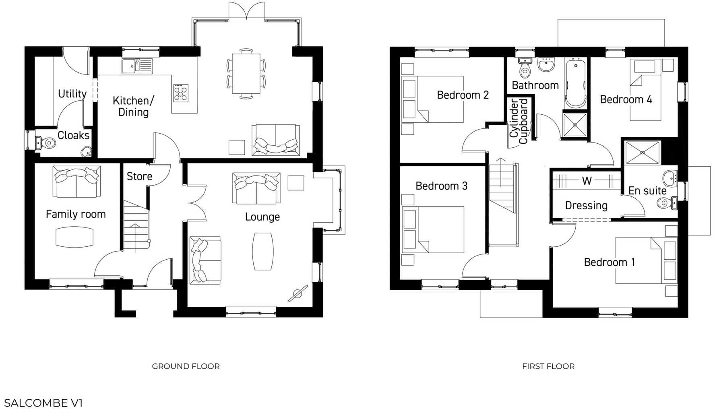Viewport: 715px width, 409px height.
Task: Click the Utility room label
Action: tap(72, 94)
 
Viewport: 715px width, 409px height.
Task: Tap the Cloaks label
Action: tap(73, 135)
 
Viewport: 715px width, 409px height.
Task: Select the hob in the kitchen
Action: tap(181, 93)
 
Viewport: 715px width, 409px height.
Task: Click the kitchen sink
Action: tap(137, 66)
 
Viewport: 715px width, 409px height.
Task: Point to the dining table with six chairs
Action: tap(246, 74)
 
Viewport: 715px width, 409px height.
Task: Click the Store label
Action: tap(139, 176)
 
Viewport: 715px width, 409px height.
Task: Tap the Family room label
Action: tap(76, 214)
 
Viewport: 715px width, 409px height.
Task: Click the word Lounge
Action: tap(262, 217)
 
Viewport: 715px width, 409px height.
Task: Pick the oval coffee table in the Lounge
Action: tap(263, 251)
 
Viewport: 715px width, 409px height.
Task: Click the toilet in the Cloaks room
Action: tap(49, 143)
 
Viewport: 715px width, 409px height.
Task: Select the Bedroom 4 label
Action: tap(626, 99)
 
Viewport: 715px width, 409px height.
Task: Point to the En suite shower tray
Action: tap(642, 153)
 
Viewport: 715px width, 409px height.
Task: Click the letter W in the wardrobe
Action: tap(587, 181)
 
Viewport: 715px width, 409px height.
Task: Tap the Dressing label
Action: tap(586, 206)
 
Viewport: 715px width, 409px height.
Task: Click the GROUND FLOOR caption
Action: tap(186, 366)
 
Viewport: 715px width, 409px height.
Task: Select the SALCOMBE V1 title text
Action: tap(43, 403)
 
